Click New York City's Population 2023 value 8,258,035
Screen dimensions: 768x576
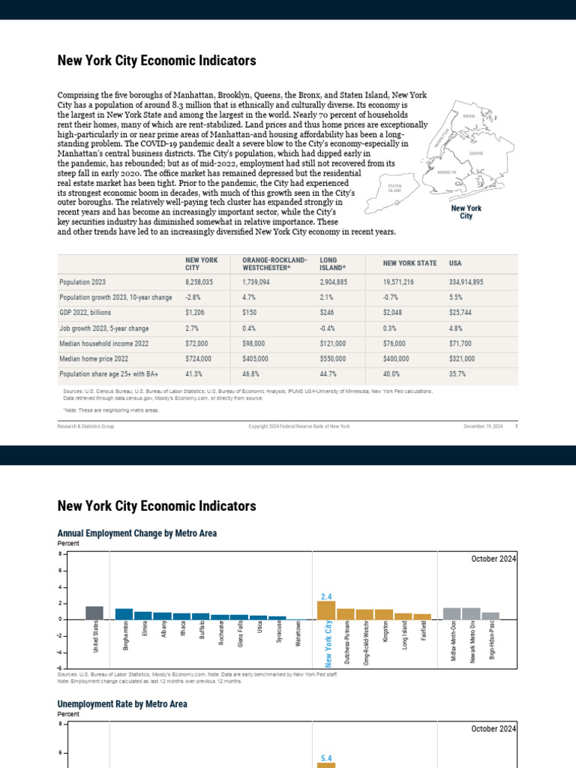[x=199, y=282]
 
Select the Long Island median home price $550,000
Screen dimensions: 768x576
[x=333, y=359]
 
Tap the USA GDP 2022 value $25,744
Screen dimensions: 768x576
[x=461, y=313]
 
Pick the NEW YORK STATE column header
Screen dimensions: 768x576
[x=409, y=263]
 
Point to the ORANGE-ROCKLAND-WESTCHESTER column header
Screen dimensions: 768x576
[x=274, y=263]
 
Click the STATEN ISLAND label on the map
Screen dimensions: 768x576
[x=394, y=187]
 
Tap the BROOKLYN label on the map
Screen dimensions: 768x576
[x=447, y=172]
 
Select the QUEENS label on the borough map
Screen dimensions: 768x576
[x=476, y=153]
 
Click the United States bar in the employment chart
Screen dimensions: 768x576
[x=94, y=613]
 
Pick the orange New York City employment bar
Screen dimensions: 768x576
[x=326, y=610]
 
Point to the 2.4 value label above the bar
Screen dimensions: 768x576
[x=326, y=596]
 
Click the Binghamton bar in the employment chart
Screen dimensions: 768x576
[x=124, y=613]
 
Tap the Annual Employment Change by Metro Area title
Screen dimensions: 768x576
[x=137, y=533]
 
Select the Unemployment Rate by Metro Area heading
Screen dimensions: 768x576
[x=122, y=704]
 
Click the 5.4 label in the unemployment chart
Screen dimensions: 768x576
[x=326, y=758]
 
